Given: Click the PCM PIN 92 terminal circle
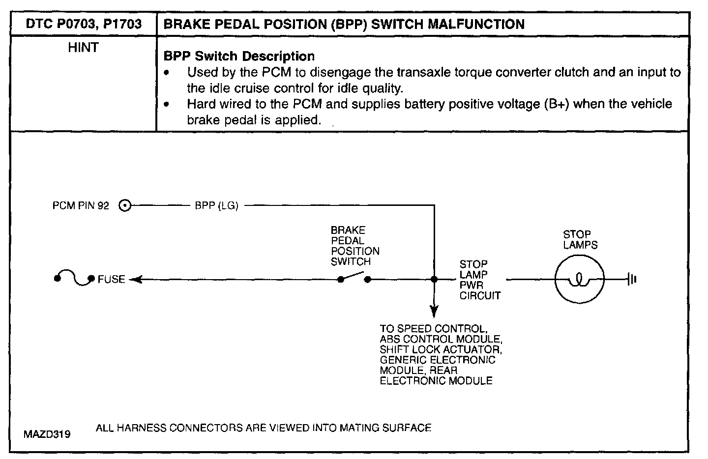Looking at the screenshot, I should pos(125,206).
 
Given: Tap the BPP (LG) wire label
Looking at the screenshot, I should pos(216,206).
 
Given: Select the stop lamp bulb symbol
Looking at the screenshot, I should pos(580,280).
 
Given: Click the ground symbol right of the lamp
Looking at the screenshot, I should pos(632,280).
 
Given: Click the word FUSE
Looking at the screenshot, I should pos(111,280).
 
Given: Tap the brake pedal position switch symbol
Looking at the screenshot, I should pos(354,279).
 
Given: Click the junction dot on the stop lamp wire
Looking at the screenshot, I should pos(434,280).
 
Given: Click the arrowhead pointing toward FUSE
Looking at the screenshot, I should pos(135,280).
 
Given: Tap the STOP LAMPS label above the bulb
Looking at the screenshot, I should pos(580,240).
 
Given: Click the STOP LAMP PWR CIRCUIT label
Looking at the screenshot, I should pos(479,280).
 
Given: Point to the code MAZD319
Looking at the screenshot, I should pos(47,434).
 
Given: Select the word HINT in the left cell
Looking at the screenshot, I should pos(83,48).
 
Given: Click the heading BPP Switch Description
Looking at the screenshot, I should pos(239,56).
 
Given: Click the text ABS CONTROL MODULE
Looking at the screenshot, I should pos(441,339).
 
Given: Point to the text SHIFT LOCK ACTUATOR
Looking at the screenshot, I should pos(441,349).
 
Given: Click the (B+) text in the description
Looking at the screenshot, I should pos(557,104).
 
